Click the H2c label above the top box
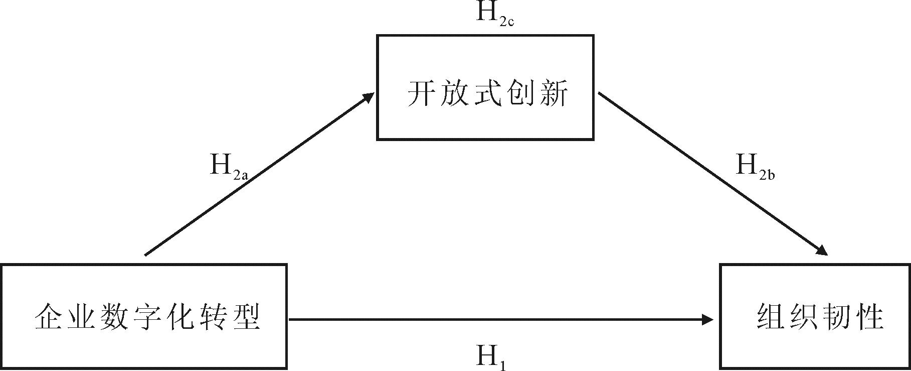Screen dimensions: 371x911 click(x=494, y=14)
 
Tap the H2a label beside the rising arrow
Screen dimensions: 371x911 click(x=228, y=167)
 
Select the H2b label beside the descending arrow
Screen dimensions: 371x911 click(x=755, y=167)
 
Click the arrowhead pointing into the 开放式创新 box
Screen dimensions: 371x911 click(x=369, y=97)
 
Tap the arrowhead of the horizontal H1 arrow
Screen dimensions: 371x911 click(x=707, y=319)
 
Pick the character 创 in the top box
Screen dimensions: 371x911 click(x=520, y=93)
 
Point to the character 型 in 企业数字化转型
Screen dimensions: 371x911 click(x=246, y=317)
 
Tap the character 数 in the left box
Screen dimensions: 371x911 click(x=115, y=317)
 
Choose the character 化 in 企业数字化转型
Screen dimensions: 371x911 click(x=180, y=317)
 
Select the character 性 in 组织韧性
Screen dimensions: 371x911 click(x=869, y=317)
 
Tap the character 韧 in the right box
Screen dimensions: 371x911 click(x=837, y=317)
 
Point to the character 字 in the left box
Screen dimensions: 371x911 click(x=148, y=317)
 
